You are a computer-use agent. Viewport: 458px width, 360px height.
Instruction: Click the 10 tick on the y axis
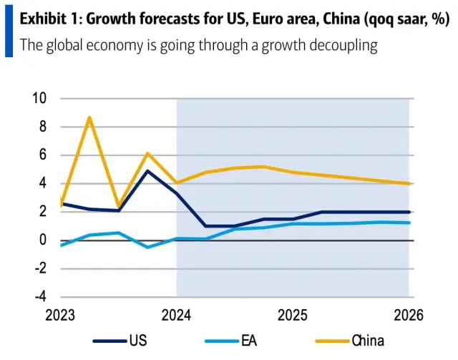(40, 99)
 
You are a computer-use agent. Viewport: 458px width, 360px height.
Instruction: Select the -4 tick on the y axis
(41, 296)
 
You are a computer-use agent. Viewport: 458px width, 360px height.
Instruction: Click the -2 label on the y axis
(41, 268)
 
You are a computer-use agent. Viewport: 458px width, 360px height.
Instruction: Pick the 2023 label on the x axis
(60, 316)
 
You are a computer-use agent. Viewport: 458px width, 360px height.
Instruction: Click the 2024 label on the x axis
(176, 316)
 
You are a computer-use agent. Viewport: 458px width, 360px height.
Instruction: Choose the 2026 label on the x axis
(409, 316)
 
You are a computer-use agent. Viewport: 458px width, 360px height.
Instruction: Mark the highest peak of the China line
(89, 117)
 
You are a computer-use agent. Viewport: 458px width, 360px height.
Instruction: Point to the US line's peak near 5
(147, 170)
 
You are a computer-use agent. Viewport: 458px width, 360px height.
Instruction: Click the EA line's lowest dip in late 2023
(147, 247)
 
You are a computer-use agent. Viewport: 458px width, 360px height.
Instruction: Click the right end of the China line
(409, 183)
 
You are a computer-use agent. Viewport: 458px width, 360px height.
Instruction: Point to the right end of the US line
(409, 212)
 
